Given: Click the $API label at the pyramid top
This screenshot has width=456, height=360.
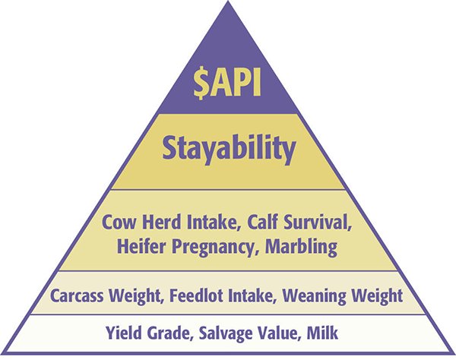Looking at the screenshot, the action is (227, 83).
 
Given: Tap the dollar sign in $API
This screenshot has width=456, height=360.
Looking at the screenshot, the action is (201, 84).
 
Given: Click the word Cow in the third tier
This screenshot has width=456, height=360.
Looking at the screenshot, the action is (119, 222).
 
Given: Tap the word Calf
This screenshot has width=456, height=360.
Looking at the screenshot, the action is (263, 222).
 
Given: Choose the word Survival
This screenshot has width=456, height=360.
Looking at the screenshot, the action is (318, 222).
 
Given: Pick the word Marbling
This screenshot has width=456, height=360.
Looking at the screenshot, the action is (301, 248).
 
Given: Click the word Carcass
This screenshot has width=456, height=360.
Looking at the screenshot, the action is (77, 295).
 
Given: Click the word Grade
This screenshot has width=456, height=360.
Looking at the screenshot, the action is (170, 333).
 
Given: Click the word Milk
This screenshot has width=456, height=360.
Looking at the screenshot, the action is (322, 333).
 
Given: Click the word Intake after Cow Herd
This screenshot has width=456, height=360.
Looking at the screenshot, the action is (214, 222).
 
